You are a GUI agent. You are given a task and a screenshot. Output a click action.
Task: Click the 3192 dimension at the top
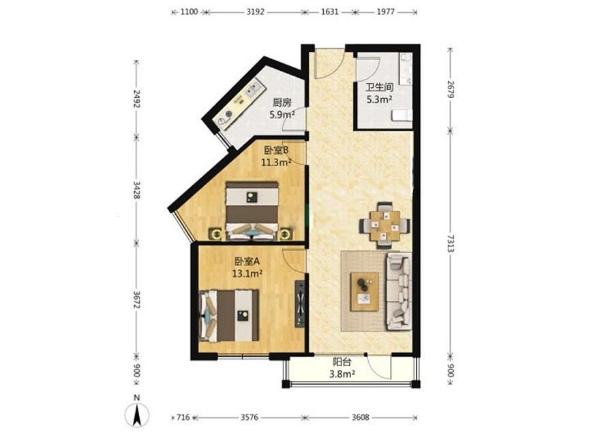point(256,12)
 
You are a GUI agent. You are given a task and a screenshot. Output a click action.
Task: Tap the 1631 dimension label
point(330,12)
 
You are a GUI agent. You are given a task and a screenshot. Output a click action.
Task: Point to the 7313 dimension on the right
point(451,244)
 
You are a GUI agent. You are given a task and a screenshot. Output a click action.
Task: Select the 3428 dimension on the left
point(137,190)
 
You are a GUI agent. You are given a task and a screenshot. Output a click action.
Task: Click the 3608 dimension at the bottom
point(360,417)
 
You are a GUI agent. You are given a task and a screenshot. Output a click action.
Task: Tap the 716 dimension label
point(183,417)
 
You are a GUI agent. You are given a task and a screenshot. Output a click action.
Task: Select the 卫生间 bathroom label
point(380,88)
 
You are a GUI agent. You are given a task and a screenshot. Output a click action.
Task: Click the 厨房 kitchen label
point(282,102)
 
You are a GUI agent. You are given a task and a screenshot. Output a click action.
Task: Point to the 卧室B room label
point(276,150)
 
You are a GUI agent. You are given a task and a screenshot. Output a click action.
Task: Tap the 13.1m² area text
point(247,274)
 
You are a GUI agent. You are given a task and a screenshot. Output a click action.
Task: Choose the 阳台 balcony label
point(342,362)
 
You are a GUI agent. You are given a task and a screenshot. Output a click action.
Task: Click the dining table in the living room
point(384,226)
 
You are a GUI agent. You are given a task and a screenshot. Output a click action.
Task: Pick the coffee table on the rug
point(364,291)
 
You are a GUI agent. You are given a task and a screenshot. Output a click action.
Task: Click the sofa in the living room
point(399,291)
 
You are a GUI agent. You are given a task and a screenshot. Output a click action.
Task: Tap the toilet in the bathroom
point(402,115)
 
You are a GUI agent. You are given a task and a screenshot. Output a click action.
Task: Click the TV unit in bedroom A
point(300,304)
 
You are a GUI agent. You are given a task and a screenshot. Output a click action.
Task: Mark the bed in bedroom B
point(252,211)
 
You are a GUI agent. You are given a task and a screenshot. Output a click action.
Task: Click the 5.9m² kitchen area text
point(282,114)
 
